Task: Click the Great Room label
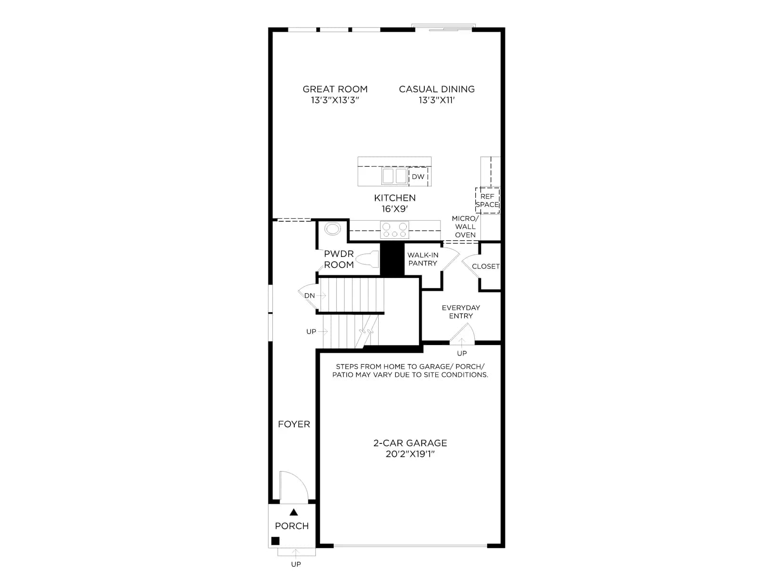click(335, 89)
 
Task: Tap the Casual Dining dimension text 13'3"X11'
click(436, 100)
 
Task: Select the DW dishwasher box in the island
click(418, 177)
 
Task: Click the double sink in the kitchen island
click(394, 176)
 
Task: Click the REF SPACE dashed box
click(487, 200)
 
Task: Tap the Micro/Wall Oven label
click(465, 226)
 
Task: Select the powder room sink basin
click(332, 229)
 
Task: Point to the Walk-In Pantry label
click(422, 259)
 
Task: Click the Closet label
click(485, 266)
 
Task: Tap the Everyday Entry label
click(461, 312)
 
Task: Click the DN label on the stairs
click(309, 295)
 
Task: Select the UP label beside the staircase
click(311, 332)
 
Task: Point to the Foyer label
click(294, 424)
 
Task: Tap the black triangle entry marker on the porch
click(294, 512)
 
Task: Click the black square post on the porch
click(275, 541)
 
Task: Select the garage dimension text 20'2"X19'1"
click(410, 454)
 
